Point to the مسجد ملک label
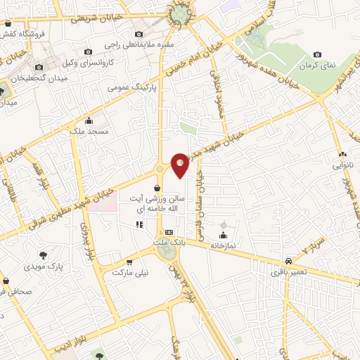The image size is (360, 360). pos(88,131)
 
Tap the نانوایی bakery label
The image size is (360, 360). pos(342,166)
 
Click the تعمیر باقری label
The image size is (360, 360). pos(288,270)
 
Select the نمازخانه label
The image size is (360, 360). pos(224,245)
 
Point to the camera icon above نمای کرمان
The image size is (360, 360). pos(317,54)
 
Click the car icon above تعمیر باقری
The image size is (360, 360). pos(288,259)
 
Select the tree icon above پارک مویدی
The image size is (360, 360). pos(44,255)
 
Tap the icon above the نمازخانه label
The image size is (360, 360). pos(224,235)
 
